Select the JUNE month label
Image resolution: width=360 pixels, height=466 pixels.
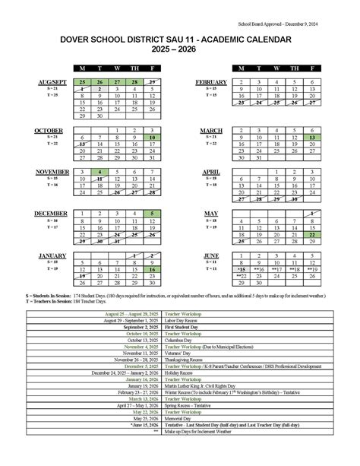pos(211,255)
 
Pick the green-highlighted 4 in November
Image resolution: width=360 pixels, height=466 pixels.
pos(100,173)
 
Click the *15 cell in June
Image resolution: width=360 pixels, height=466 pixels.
pos(242,269)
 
